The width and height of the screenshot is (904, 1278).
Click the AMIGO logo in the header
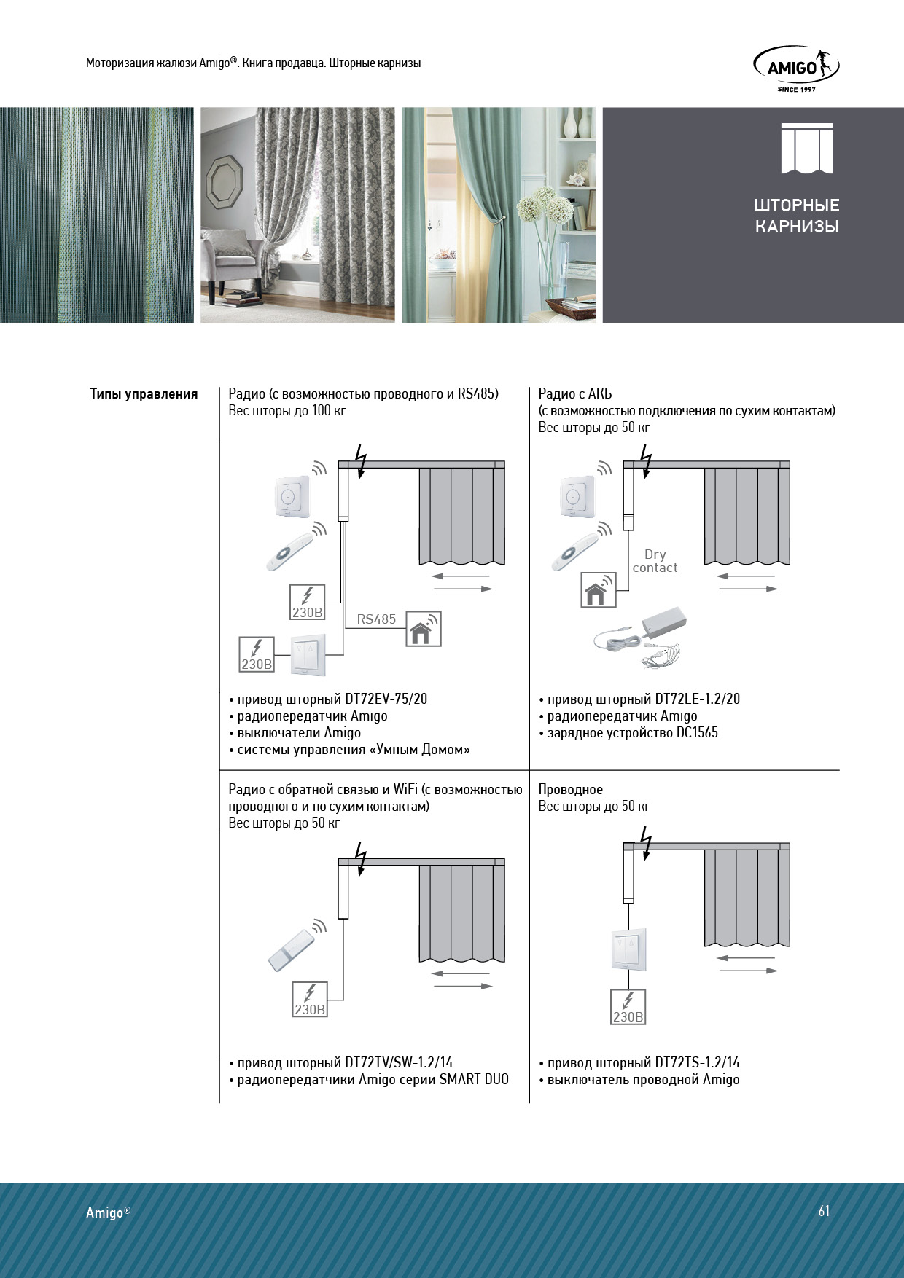point(796,68)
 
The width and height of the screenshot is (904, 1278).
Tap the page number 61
point(824,1211)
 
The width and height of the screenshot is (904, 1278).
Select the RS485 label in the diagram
point(376,619)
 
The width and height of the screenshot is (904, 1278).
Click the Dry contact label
point(655,561)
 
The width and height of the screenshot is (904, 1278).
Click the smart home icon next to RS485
point(423,629)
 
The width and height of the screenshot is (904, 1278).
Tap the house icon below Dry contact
point(598,589)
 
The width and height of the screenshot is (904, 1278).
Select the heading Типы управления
point(144,394)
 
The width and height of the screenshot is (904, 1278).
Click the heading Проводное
point(571,790)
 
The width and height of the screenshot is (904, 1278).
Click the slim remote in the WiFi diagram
point(290,952)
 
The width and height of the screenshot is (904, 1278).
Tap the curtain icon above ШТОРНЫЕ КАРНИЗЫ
point(806,149)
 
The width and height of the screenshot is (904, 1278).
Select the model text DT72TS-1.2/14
point(697,1063)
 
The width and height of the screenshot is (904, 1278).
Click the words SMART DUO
point(474,1080)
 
